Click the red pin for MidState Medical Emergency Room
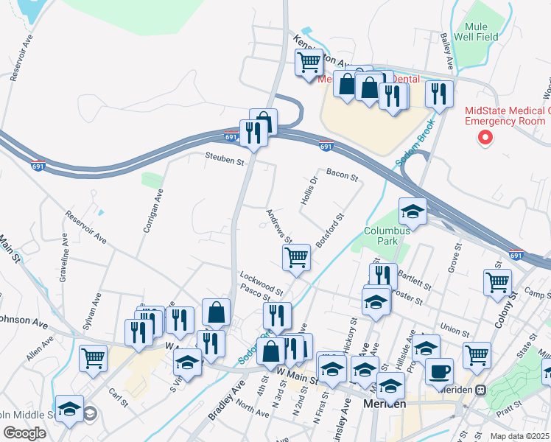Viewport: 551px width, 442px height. [x=485, y=136]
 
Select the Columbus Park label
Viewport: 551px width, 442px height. [x=385, y=235]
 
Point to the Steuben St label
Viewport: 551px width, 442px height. [x=225, y=158]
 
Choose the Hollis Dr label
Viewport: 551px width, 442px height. [x=309, y=190]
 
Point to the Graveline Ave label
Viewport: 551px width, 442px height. [x=63, y=255]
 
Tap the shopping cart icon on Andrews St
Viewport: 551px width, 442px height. [x=296, y=258]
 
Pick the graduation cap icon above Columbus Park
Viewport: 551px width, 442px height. [x=413, y=212]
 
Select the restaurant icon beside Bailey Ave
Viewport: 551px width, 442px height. [x=439, y=94]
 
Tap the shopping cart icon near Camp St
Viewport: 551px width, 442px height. [x=498, y=281]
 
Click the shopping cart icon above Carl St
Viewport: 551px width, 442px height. [x=94, y=359]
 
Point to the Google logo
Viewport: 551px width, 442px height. [x=24, y=433]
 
